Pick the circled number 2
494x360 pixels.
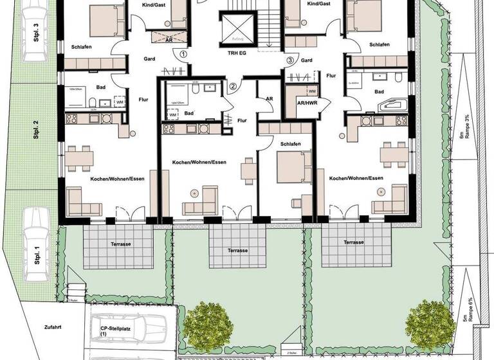click(x=233, y=86)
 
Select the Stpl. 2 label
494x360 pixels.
click(x=37, y=131)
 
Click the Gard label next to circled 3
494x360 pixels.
click(x=306, y=60)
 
